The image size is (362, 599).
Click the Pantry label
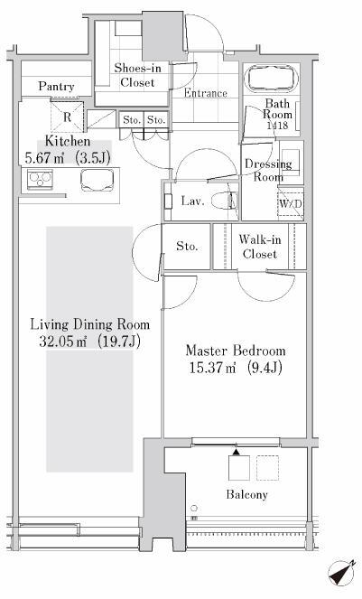[56, 87]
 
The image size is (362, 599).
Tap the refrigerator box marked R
[67, 117]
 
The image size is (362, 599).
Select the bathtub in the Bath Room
[272, 79]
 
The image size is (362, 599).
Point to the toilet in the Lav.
[225, 201]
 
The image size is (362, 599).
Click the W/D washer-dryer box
[290, 204]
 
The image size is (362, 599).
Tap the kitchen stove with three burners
[40, 180]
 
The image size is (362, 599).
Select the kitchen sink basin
[97, 180]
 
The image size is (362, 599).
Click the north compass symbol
[341, 572]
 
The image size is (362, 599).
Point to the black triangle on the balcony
[237, 452]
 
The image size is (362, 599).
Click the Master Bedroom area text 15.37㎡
[212, 368]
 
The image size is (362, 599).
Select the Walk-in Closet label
[260, 247]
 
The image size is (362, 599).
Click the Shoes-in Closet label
[137, 75]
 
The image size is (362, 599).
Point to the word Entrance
[206, 93]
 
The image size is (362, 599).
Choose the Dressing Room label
[268, 170]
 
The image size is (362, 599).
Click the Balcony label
[247, 495]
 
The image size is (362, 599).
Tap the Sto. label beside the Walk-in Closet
[187, 246]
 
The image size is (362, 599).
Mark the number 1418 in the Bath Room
[277, 125]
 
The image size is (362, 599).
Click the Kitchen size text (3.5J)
[93, 158]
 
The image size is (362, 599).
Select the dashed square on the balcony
[268, 468]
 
